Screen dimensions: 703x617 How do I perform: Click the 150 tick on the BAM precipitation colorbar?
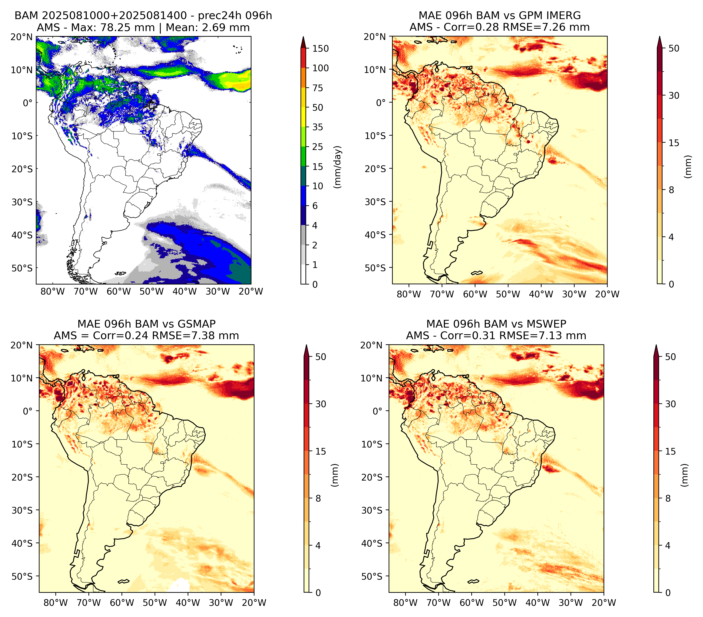click(x=320, y=48)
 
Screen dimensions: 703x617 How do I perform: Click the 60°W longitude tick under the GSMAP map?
click(x=122, y=603)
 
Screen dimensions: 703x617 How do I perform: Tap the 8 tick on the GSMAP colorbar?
click(x=318, y=499)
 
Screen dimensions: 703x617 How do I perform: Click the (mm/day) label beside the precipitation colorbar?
click(x=338, y=167)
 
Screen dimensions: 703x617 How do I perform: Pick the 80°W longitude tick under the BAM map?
click(x=53, y=291)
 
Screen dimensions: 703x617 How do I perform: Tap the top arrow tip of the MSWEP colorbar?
click(x=656, y=345)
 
